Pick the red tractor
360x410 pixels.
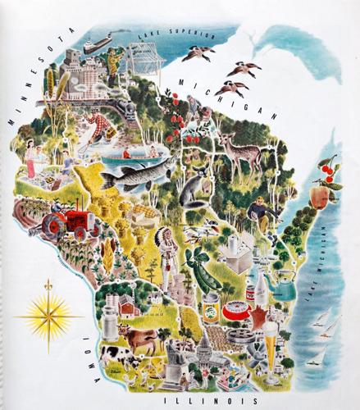click(66, 220)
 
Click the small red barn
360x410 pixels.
click(128, 306)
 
